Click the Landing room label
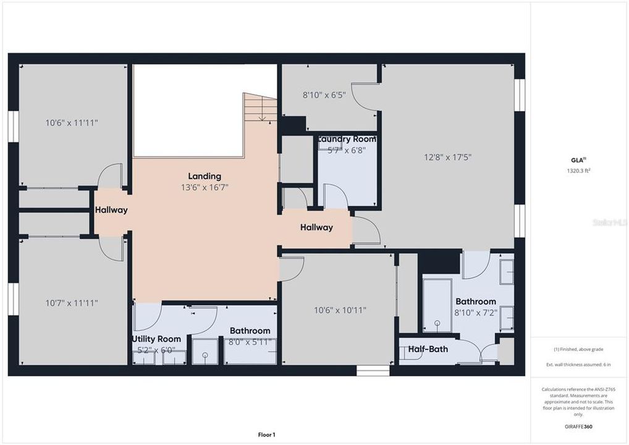(204, 176)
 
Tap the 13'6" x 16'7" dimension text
(204, 187)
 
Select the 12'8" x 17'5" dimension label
(449, 157)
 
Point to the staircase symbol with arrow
(260, 108)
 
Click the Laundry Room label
(347, 140)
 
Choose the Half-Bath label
(428, 349)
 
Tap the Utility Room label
(156, 339)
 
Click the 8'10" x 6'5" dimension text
(324, 95)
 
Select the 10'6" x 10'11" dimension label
(337, 310)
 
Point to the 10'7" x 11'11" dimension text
(72, 303)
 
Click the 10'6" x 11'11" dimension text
(72, 123)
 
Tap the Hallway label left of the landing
(111, 210)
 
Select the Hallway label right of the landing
(316, 227)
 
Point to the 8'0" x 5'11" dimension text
(250, 342)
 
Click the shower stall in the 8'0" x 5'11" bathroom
(204, 350)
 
